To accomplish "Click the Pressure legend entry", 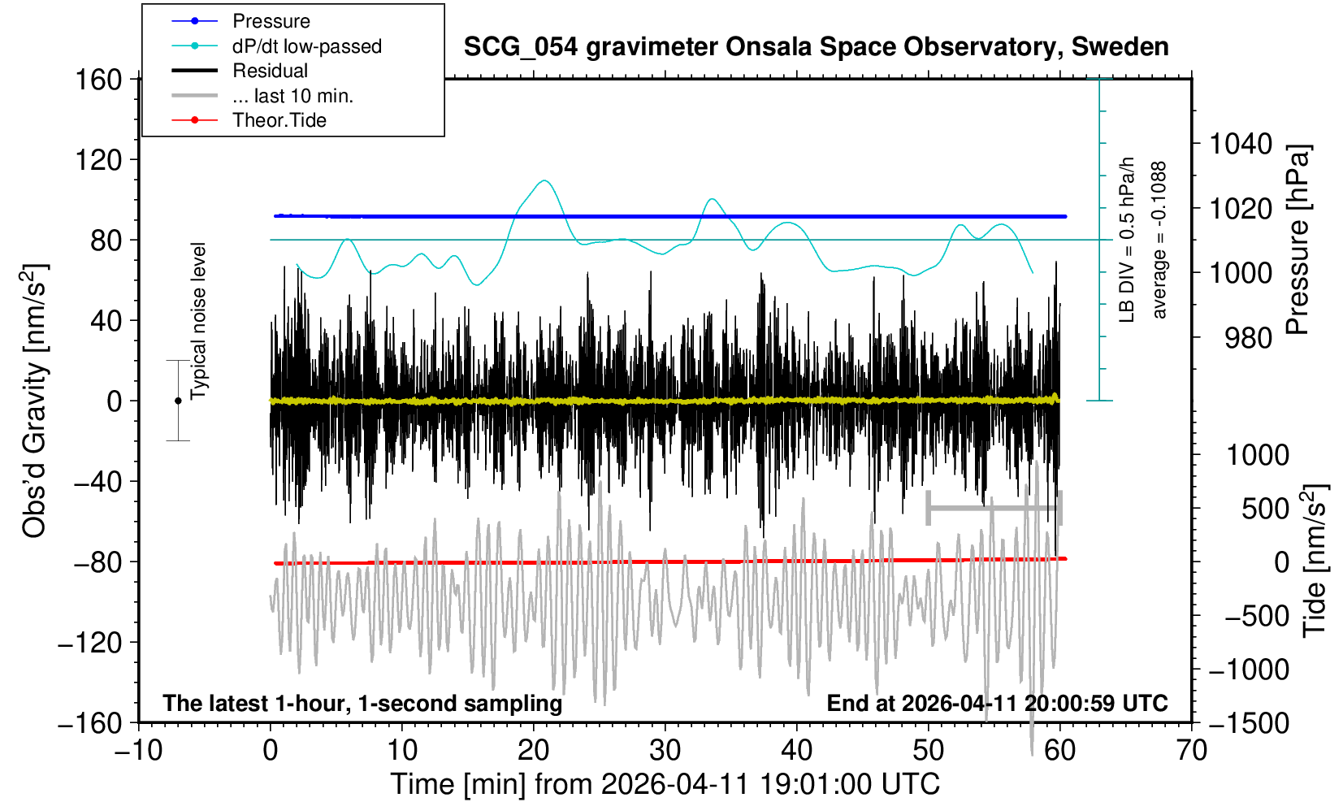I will [x=271, y=21].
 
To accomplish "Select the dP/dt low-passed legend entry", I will [x=306, y=46].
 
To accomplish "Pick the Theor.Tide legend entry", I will [x=279, y=120].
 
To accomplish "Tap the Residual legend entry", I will [x=270, y=71].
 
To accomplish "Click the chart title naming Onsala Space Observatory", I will [x=816, y=47].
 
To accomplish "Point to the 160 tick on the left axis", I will [x=97, y=80].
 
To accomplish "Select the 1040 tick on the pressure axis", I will [x=1241, y=144].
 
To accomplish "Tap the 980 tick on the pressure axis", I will [x=1248, y=337].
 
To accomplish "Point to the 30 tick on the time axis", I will [x=665, y=749].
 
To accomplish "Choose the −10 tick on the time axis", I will [x=138, y=749].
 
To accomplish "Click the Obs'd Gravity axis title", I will [x=35, y=401].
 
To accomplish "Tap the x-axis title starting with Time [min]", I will [x=665, y=784].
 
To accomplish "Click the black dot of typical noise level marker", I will [x=178, y=401].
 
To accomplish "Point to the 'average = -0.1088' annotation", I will [x=1159, y=240].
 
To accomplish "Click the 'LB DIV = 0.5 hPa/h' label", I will [x=1127, y=240].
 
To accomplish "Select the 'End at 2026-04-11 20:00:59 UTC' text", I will [x=997, y=703].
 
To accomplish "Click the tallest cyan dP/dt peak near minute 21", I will [x=544, y=180].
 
